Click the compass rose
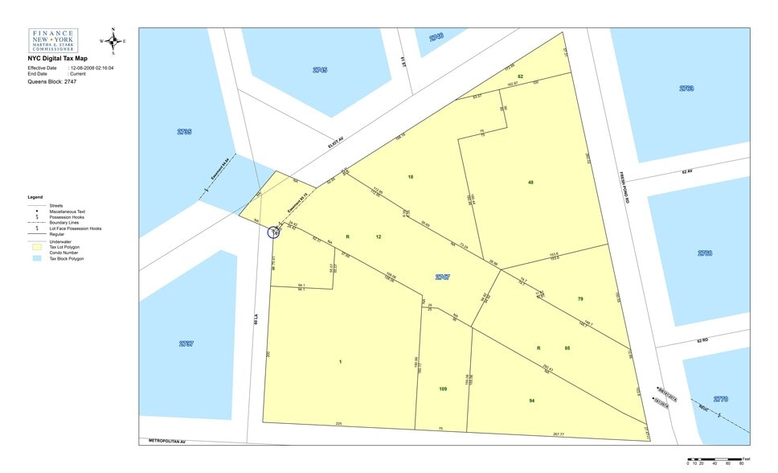pos(113,40)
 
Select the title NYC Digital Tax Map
pos(57,59)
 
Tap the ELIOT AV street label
pos(335,142)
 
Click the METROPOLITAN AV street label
pos(167,441)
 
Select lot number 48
pos(530,183)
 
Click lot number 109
pos(443,389)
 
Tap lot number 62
pos(520,76)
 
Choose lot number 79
pos(580,299)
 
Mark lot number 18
pos(410,176)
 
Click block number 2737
pos(186,343)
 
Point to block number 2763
pos(686,88)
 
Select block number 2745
pos(320,70)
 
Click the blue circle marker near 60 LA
pos(274,232)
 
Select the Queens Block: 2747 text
pos(52,81)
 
